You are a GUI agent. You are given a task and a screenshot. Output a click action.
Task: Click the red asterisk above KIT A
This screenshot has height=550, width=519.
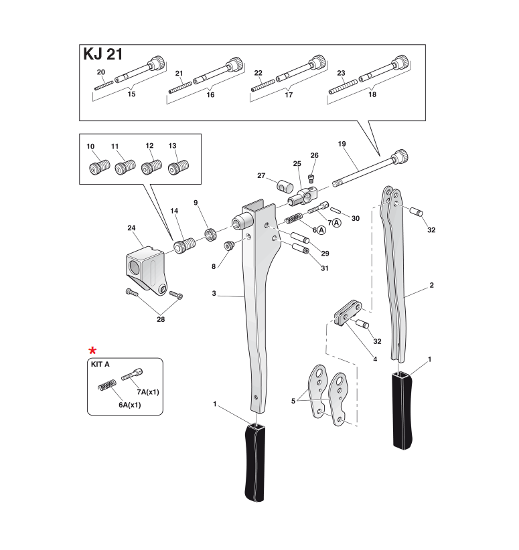[x=93, y=351]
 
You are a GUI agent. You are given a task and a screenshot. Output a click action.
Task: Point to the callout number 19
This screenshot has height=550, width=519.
[x=342, y=144]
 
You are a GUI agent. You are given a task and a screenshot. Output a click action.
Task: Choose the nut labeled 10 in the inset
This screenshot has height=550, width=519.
[x=94, y=166]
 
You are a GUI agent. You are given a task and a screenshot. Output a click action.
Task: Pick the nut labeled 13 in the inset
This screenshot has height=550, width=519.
[x=177, y=166]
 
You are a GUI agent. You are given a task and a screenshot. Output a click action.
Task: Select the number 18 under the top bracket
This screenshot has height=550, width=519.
[x=372, y=95]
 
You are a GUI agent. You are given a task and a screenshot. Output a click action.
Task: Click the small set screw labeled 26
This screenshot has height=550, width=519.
[x=311, y=177]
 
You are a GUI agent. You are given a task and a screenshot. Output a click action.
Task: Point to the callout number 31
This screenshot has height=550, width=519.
[x=325, y=268]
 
